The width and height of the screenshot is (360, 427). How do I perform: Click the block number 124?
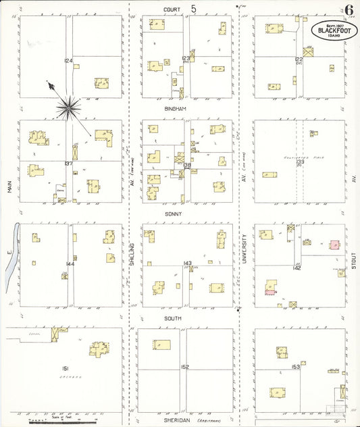pos(68,61)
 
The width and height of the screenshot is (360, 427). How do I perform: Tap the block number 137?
pos(68,164)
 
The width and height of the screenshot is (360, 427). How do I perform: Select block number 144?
pos(70,263)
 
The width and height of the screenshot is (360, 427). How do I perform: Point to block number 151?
pos(66,368)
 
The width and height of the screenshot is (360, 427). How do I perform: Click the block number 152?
pos(184,367)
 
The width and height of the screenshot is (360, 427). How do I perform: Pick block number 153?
pos(295,367)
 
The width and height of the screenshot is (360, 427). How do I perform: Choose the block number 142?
pos(297,268)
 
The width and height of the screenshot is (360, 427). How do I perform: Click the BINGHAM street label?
pos(174,108)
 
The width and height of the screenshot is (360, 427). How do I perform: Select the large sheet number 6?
pos(349,10)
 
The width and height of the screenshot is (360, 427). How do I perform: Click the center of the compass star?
pos(68,105)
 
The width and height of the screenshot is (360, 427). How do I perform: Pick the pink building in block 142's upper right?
pos(334,245)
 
